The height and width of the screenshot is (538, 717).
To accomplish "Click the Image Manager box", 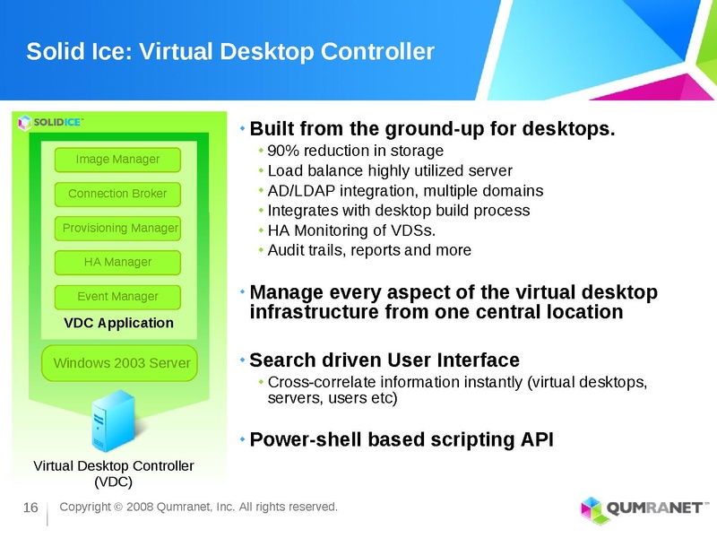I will (117, 160).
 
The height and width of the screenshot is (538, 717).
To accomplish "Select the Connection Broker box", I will (117, 194).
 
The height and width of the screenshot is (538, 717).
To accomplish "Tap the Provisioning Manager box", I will (119, 228).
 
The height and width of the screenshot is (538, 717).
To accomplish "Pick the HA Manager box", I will (117, 262).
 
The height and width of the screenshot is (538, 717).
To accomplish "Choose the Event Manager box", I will (117, 296).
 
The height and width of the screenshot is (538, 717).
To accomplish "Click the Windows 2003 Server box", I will (122, 363).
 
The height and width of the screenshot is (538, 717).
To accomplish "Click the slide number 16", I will (30, 509).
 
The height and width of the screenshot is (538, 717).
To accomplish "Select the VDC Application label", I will (119, 323).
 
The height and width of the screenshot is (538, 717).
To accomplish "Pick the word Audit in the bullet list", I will (285, 250).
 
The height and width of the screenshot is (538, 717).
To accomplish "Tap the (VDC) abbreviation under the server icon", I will (113, 482).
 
